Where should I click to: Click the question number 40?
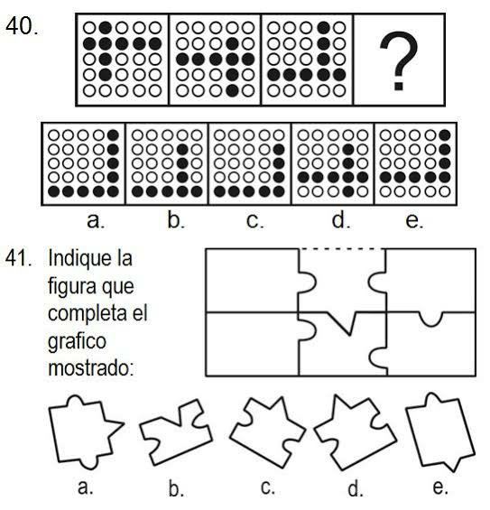pyautogui.click(x=22, y=25)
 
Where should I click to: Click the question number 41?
pyautogui.click(x=19, y=258)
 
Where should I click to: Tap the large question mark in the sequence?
pyautogui.click(x=399, y=60)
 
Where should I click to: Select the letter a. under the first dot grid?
pyautogui.click(x=96, y=220)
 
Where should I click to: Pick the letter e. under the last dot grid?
pyautogui.click(x=414, y=220)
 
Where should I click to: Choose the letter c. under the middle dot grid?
pyautogui.click(x=254, y=220)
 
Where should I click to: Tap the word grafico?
pyautogui.click(x=77, y=341)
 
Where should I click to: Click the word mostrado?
pyautogui.click(x=91, y=368)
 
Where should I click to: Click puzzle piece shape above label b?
pyautogui.click(x=176, y=431)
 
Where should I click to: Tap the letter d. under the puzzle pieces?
pyautogui.click(x=355, y=488)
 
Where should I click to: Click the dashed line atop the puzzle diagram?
pyautogui.click(x=342, y=249)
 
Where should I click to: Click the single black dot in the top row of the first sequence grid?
pyautogui.click(x=105, y=28)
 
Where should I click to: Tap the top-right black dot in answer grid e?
pyautogui.click(x=444, y=135)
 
